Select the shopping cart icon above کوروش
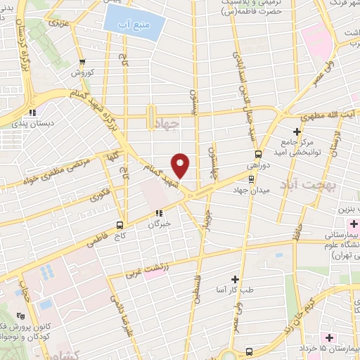(x=83, y=61)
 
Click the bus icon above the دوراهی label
(x=258, y=154)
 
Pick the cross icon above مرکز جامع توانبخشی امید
(x=297, y=131)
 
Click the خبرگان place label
(x=160, y=224)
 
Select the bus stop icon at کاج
(x=119, y=226)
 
